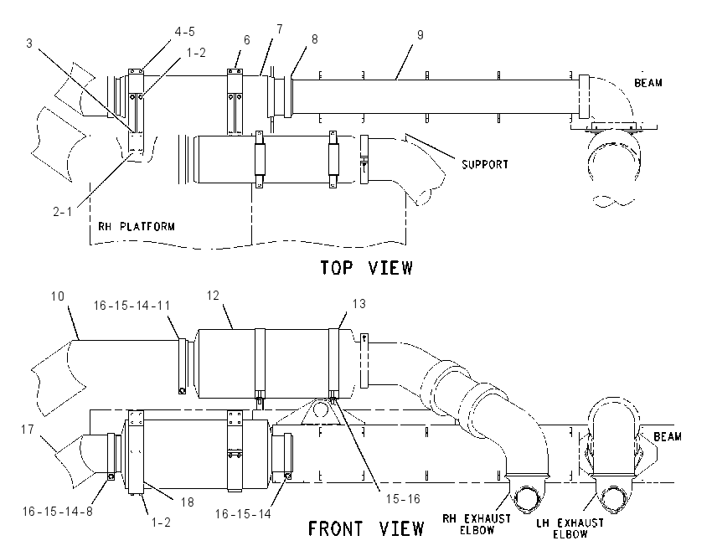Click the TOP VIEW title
(367, 268)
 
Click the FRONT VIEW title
(366, 528)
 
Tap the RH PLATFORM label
(137, 226)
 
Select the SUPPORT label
(485, 164)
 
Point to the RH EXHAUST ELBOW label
(477, 524)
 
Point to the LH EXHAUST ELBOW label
(570, 528)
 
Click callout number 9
(420, 35)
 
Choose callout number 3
(29, 44)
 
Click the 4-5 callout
(184, 31)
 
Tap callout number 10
(58, 296)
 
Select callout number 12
(213, 296)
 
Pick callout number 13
(359, 304)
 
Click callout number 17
(28, 429)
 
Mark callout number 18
(187, 502)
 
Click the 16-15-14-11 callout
(132, 306)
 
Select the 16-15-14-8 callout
(58, 512)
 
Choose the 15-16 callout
(403, 499)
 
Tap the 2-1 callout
(63, 212)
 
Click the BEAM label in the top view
(648, 83)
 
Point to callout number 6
(246, 40)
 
